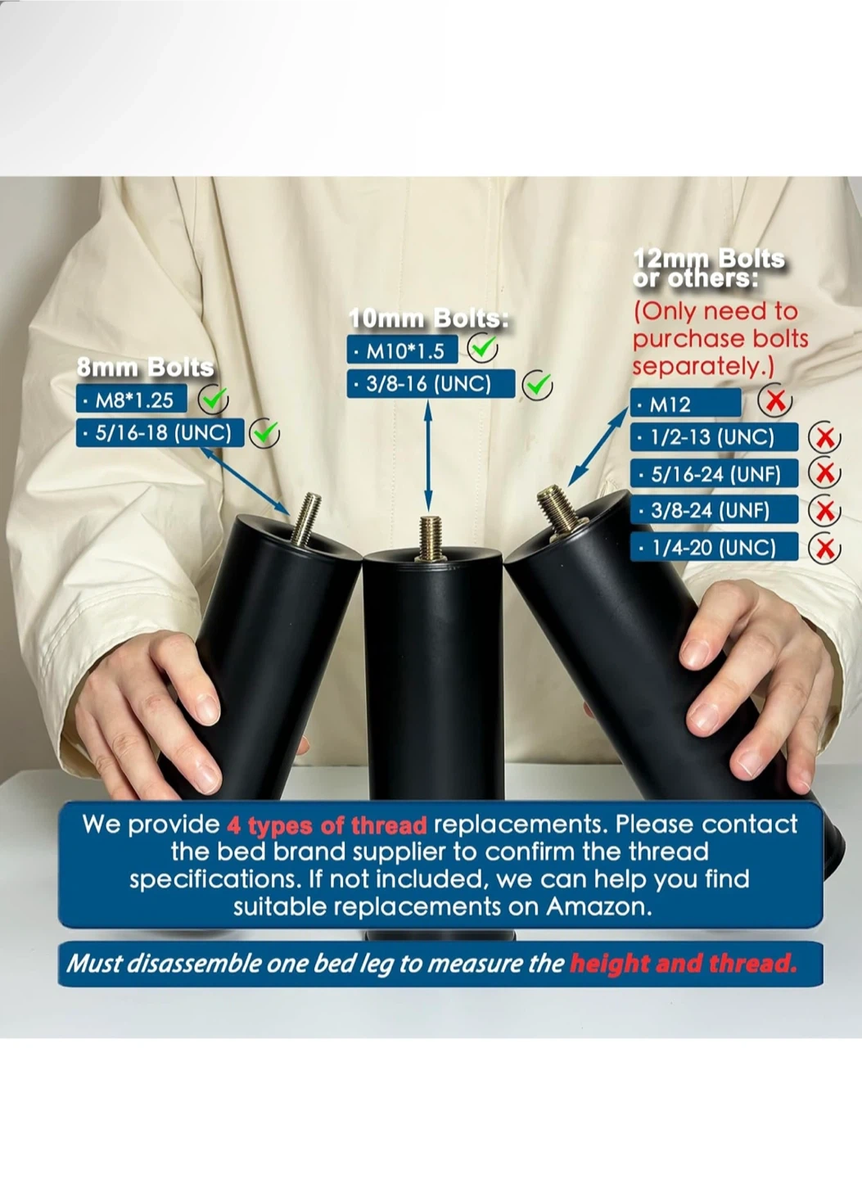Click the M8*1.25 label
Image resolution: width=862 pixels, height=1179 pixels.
click(132, 400)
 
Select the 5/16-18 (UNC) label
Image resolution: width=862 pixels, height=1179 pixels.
click(160, 432)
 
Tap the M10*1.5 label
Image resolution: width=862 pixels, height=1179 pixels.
click(402, 350)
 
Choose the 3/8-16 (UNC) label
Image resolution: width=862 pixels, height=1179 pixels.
click(431, 383)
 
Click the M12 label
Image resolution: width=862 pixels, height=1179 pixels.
click(686, 403)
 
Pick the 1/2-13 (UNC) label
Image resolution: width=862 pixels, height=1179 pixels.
click(714, 437)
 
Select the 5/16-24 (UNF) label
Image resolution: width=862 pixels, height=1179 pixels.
click(714, 473)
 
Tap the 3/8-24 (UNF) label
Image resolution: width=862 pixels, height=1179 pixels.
click(714, 509)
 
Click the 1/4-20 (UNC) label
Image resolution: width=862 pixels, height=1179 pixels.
click(714, 546)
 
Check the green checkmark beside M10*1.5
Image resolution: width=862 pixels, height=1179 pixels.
click(483, 347)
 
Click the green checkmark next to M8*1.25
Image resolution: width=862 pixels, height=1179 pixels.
click(213, 399)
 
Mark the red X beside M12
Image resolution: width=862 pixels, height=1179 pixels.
click(775, 402)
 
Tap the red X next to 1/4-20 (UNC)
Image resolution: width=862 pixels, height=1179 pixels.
click(824, 549)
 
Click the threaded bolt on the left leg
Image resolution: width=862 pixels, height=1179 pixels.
click(307, 518)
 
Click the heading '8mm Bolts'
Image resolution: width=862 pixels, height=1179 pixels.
click(145, 368)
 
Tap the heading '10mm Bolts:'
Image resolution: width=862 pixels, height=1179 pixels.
click(430, 318)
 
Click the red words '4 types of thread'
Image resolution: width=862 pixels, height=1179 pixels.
click(327, 825)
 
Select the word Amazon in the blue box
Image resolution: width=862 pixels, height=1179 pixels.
click(598, 906)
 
